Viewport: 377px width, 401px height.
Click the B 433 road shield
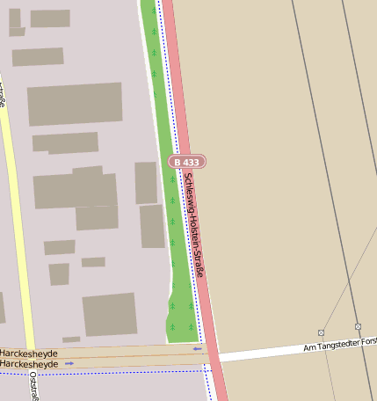click(x=186, y=162)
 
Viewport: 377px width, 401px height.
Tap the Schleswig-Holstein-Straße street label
click(x=194, y=223)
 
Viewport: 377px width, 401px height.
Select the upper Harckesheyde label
click(x=29, y=353)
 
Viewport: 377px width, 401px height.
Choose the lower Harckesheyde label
click(x=29, y=363)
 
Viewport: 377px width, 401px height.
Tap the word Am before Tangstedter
click(x=308, y=350)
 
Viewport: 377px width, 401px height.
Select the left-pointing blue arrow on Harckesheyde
click(x=197, y=349)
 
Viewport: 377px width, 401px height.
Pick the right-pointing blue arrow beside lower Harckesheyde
click(x=69, y=362)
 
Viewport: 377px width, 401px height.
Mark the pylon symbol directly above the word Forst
click(x=358, y=326)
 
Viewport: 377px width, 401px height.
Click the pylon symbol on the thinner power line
click(x=321, y=332)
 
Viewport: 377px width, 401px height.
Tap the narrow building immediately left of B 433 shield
click(x=146, y=182)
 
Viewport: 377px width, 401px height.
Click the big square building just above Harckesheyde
click(x=110, y=314)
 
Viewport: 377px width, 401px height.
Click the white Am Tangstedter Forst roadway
click(x=264, y=354)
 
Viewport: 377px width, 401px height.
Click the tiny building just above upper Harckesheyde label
click(x=71, y=339)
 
